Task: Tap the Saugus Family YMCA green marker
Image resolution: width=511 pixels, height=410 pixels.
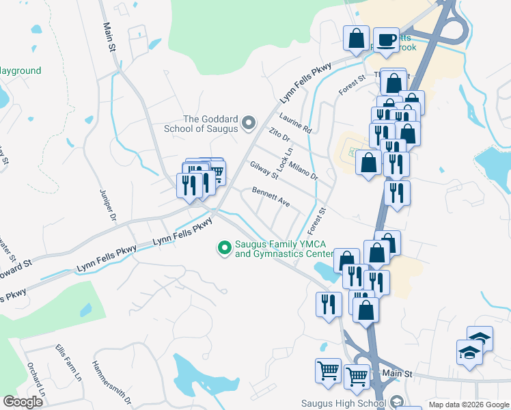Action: tap(223, 248)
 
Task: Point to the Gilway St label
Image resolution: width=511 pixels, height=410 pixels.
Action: tap(264, 170)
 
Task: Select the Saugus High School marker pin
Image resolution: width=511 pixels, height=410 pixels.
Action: tap(398, 402)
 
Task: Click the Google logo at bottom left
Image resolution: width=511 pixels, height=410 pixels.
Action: tap(23, 402)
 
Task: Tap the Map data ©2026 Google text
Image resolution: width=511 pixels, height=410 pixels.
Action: tap(468, 405)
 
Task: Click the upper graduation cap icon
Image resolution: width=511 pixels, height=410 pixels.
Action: tap(480, 338)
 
